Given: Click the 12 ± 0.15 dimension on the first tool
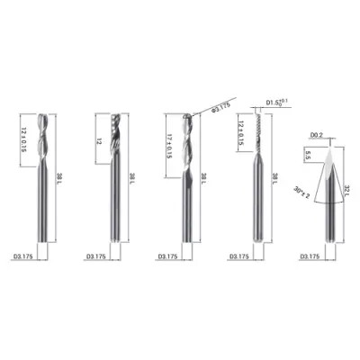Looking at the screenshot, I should (25, 140).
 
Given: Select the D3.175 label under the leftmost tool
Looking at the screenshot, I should (27, 257).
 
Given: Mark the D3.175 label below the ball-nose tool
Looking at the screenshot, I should (169, 257).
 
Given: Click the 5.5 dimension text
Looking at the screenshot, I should (307, 156).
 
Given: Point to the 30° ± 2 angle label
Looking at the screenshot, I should (301, 192).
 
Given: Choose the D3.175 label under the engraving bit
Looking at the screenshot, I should (311, 257).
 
